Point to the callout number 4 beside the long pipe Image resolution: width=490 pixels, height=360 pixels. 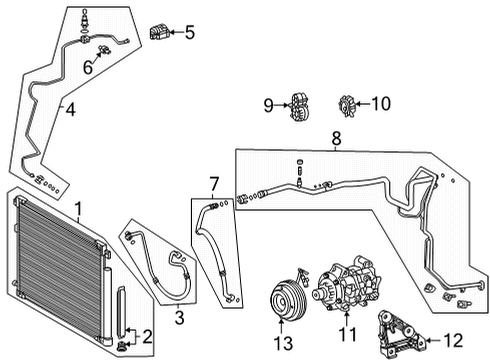(x=69, y=109)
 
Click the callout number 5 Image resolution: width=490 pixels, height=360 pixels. (x=189, y=32)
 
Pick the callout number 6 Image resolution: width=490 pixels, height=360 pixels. (x=88, y=67)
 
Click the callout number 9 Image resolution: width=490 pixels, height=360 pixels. (x=268, y=103)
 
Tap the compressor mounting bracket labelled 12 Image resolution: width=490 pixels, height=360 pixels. (x=399, y=329)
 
